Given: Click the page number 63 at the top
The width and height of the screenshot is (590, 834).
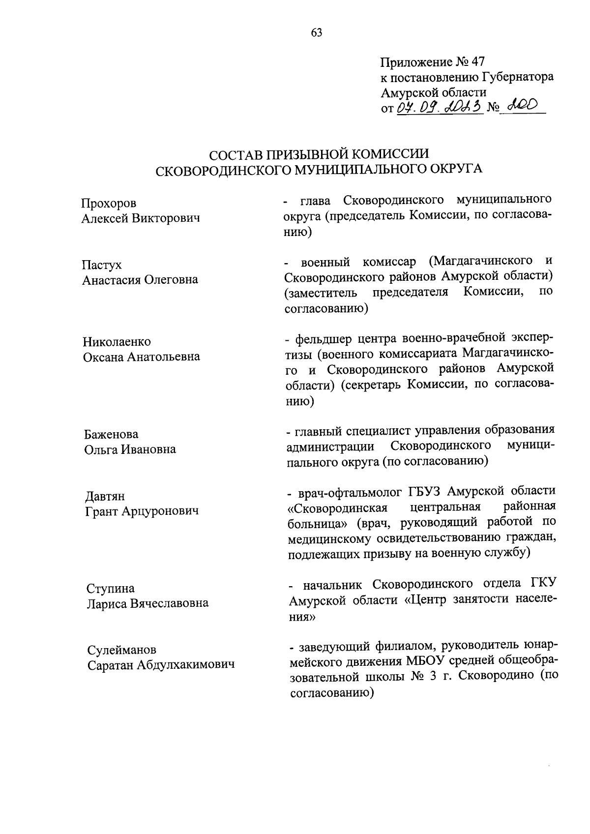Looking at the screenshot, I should (317, 33).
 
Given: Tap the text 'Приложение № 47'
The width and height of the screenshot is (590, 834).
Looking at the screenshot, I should (432, 62).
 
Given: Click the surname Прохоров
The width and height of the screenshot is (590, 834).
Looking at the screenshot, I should (109, 203).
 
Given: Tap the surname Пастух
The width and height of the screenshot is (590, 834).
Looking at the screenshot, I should (101, 265).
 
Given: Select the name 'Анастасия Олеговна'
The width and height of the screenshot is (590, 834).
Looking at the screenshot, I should (140, 280).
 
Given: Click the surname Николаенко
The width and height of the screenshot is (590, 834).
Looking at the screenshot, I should (117, 342).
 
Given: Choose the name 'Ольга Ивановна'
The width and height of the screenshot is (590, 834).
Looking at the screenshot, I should (130, 449).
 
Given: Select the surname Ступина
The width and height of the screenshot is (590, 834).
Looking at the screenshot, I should (111, 588).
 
